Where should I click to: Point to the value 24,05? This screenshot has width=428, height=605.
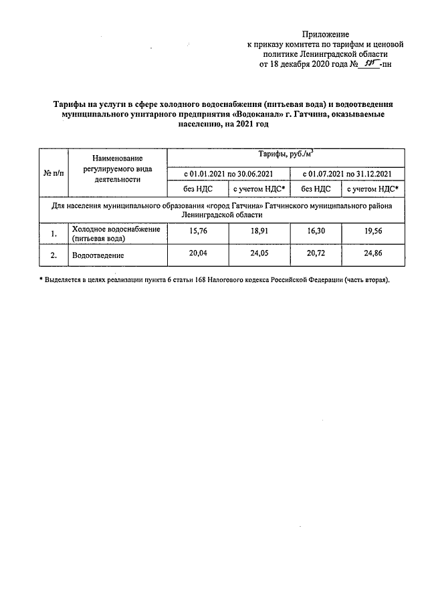[259, 255]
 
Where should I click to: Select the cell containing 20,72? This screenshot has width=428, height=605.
[316, 255]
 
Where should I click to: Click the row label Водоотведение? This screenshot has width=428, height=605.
[99, 255]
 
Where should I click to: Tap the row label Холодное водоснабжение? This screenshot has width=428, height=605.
[107, 229]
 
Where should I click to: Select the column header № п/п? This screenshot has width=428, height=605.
[53, 173]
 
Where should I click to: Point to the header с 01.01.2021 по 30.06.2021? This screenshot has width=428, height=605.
[229, 174]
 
